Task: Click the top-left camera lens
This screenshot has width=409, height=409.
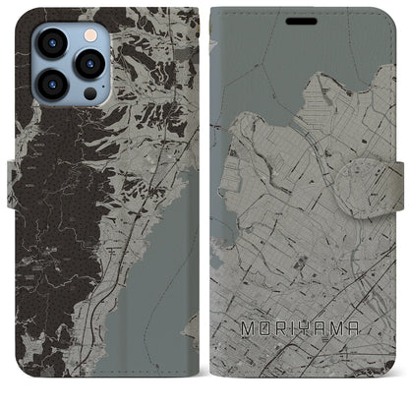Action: [50, 42]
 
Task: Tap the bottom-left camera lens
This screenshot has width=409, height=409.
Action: [50, 85]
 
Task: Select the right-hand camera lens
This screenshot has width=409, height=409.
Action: [89, 64]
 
